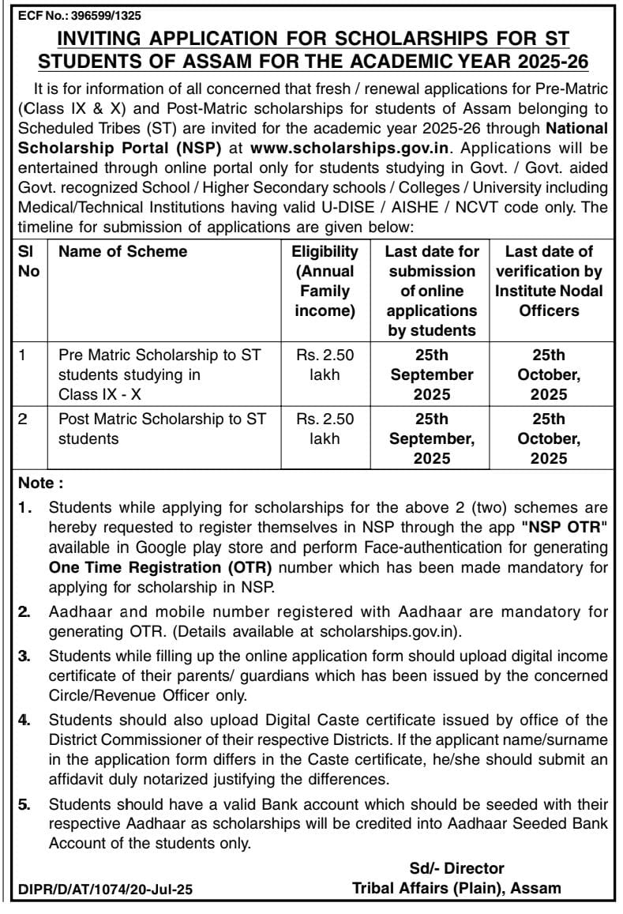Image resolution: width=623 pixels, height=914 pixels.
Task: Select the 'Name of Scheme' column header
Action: [x=123, y=252]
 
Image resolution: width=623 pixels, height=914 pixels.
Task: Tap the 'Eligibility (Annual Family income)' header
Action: [x=325, y=281]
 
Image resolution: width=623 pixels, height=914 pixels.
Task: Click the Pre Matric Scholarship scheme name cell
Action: [x=161, y=374]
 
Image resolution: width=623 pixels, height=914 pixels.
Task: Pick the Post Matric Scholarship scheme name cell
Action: [x=161, y=427]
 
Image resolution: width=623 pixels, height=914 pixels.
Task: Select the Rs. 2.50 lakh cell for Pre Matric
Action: [x=325, y=365]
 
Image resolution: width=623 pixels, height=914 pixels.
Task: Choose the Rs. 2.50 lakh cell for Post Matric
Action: [x=325, y=427]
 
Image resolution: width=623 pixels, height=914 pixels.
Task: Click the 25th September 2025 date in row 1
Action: [x=431, y=374]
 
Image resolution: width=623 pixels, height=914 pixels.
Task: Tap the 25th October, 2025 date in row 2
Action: [x=548, y=438]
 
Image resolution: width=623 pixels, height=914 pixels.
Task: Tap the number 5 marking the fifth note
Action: [x=24, y=805]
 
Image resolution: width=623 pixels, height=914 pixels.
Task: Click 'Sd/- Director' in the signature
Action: [x=456, y=869]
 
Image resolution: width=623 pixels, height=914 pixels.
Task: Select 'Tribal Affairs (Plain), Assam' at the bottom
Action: [x=456, y=888]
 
